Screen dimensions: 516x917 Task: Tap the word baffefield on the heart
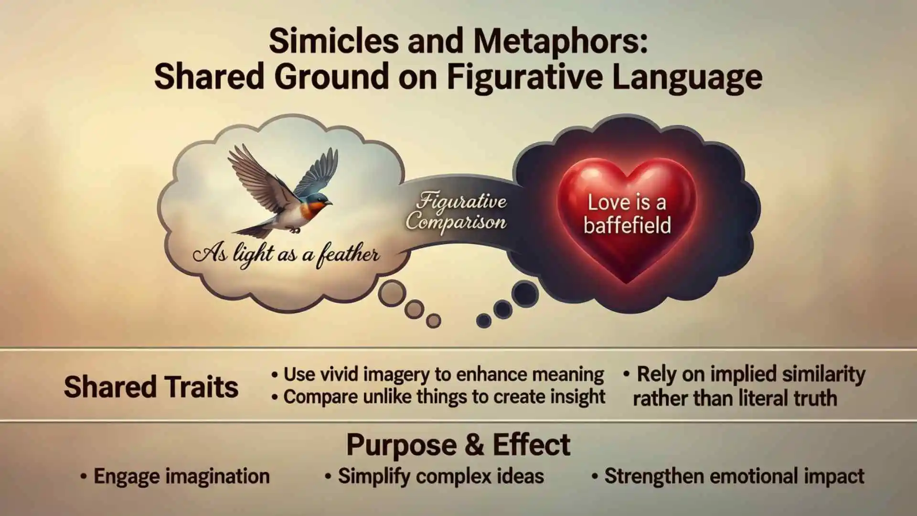pyautogui.click(x=627, y=226)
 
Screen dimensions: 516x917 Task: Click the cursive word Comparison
pyautogui.click(x=456, y=223)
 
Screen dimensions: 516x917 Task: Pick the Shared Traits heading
pyautogui.click(x=151, y=387)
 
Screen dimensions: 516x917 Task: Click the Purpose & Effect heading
pyautogui.click(x=458, y=445)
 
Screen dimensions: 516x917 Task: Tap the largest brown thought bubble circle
pyautogui.click(x=392, y=293)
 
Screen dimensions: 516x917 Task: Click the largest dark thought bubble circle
pyautogui.click(x=525, y=292)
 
